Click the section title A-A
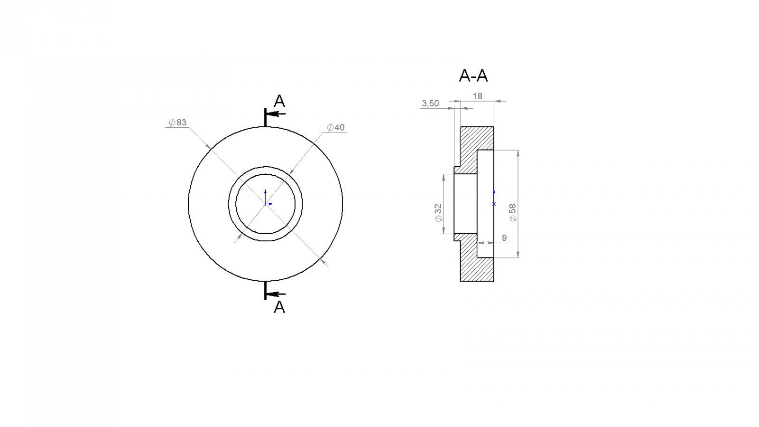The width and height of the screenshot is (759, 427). point(473,76)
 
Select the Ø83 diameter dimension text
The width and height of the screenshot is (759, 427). point(177,123)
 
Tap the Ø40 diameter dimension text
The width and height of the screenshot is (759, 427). point(336,127)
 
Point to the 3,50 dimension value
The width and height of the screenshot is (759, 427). point(430,104)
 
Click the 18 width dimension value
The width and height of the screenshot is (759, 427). point(477,96)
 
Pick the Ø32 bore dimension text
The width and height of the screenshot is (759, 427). point(438,213)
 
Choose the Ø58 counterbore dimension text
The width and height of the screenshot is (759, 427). point(513,213)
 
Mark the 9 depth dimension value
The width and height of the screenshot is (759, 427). point(504,238)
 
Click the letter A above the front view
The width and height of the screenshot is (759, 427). point(279,101)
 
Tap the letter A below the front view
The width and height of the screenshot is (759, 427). point(279,307)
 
